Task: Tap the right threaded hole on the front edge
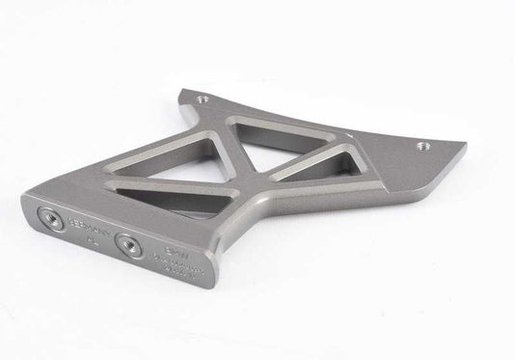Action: [125, 242]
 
